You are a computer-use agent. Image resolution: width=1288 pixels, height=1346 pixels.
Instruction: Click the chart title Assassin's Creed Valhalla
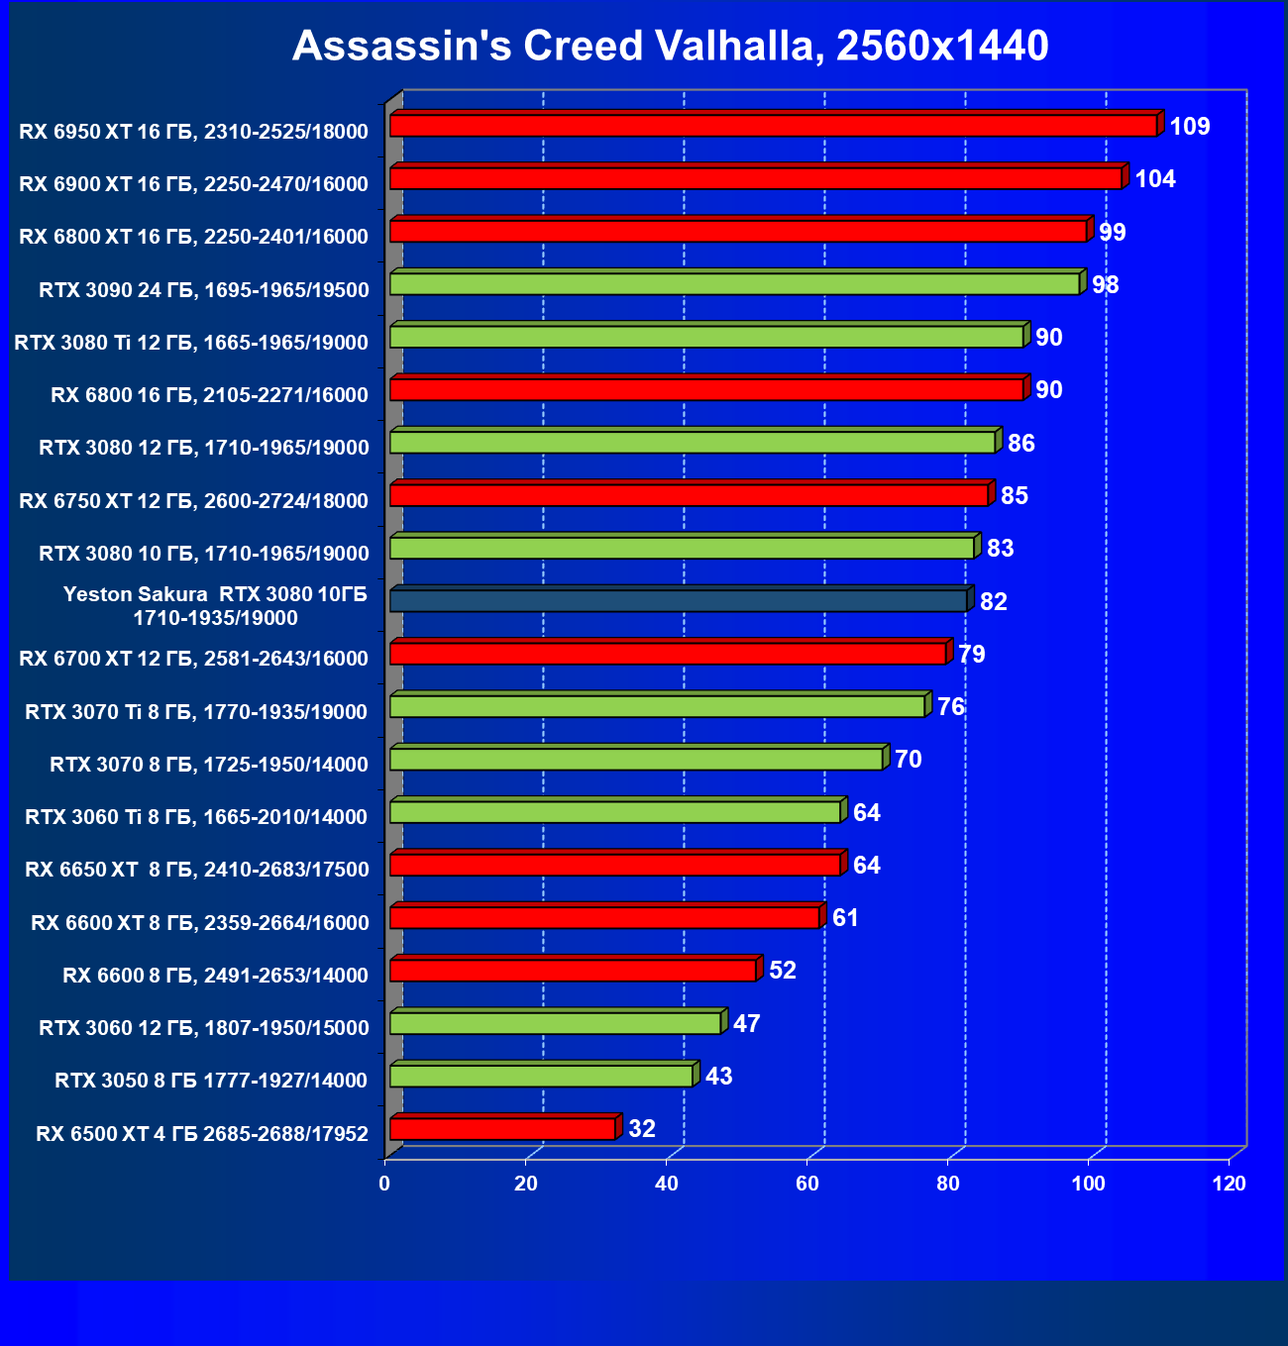click(670, 46)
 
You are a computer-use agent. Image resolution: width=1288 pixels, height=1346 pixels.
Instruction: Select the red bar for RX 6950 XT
click(773, 126)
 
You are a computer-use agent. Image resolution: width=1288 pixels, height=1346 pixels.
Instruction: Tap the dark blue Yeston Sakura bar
click(679, 601)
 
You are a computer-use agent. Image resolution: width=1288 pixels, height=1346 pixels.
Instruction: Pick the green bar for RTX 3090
click(734, 284)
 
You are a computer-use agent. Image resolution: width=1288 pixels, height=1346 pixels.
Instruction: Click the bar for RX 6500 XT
click(502, 1129)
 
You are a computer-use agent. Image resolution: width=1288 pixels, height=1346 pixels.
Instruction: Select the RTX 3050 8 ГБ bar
click(541, 1076)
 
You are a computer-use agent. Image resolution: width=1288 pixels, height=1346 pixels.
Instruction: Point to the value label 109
click(1190, 127)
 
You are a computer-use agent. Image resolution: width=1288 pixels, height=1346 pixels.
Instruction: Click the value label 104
click(1155, 179)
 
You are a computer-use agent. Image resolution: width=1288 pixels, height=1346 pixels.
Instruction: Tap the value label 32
click(642, 1129)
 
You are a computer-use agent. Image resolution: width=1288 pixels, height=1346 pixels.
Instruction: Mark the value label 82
click(994, 602)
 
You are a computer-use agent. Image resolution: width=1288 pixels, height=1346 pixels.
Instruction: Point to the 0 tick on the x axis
click(384, 1184)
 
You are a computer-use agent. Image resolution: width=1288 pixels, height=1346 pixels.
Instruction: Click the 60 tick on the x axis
click(807, 1184)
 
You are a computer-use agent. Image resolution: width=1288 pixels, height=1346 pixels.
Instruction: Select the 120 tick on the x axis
click(1230, 1184)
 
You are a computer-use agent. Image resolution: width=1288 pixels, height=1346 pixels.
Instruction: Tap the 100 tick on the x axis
click(1089, 1184)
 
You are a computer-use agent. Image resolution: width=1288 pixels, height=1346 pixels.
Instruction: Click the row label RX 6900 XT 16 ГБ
click(193, 184)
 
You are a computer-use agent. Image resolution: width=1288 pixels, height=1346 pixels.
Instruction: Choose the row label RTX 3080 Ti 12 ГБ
click(191, 343)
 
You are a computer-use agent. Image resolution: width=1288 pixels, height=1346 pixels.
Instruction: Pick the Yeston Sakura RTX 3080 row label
click(215, 606)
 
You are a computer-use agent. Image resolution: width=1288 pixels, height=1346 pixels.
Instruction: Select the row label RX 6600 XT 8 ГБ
click(200, 923)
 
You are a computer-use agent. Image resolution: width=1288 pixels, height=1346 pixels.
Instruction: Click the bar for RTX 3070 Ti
click(657, 706)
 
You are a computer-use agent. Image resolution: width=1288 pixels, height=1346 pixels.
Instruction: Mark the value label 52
click(783, 971)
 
